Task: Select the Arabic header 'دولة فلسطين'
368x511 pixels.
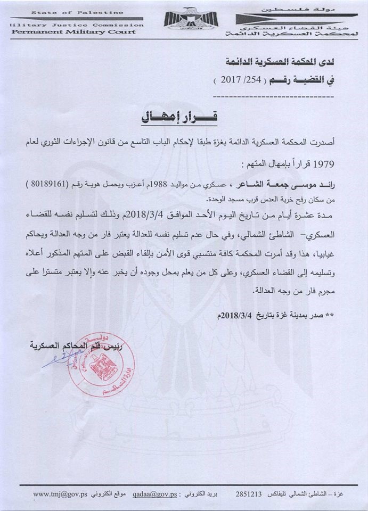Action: click(x=294, y=11)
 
